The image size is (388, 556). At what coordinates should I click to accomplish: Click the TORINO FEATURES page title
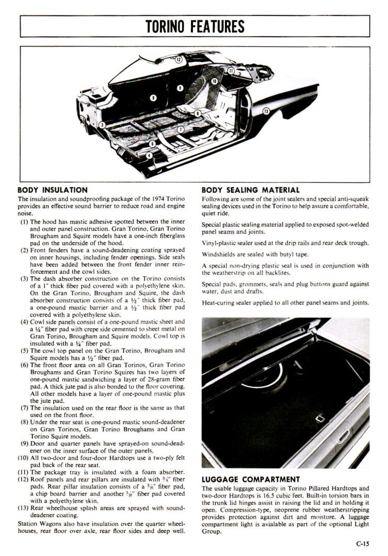pos(195,26)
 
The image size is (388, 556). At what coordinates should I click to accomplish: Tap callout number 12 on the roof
pos(178,59)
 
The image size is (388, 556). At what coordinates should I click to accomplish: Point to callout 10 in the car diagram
pos(214,81)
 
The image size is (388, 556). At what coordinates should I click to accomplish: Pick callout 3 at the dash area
pos(102,125)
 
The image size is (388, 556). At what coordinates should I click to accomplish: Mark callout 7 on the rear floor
pos(180,129)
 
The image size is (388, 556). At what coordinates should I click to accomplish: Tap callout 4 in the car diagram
pos(149,154)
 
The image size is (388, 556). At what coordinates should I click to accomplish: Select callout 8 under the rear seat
pos(197,113)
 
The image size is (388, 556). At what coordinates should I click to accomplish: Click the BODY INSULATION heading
pos(53,190)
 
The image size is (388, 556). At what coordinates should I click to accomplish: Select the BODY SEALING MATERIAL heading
pos(250,190)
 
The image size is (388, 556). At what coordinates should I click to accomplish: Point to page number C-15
pos(362,543)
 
